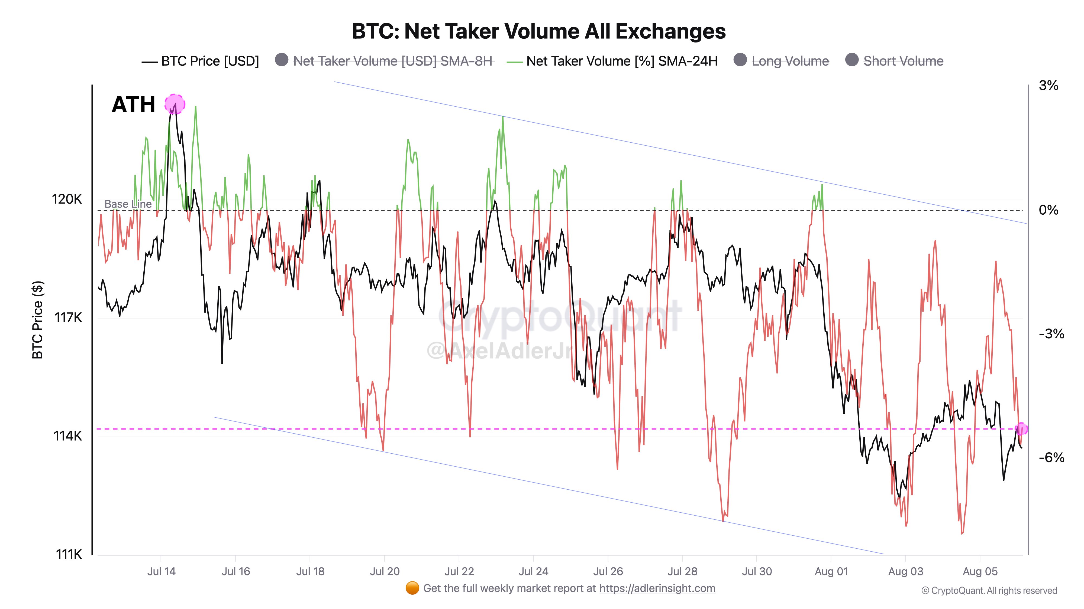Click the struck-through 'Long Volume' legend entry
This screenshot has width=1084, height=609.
[790, 61]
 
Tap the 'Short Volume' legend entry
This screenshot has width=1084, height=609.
[903, 61]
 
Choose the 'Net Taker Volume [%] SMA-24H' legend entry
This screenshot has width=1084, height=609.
[621, 61]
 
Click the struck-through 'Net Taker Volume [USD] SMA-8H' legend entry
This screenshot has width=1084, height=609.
[393, 61]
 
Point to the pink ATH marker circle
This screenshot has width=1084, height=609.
[174, 104]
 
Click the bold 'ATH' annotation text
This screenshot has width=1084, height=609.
[133, 105]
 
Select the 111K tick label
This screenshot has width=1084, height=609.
[69, 554]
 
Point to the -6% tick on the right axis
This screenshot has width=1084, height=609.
[1051, 457]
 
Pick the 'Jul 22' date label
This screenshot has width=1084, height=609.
[459, 572]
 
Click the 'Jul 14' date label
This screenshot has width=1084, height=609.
[161, 572]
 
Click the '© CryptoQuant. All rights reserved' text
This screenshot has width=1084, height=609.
[989, 591]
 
